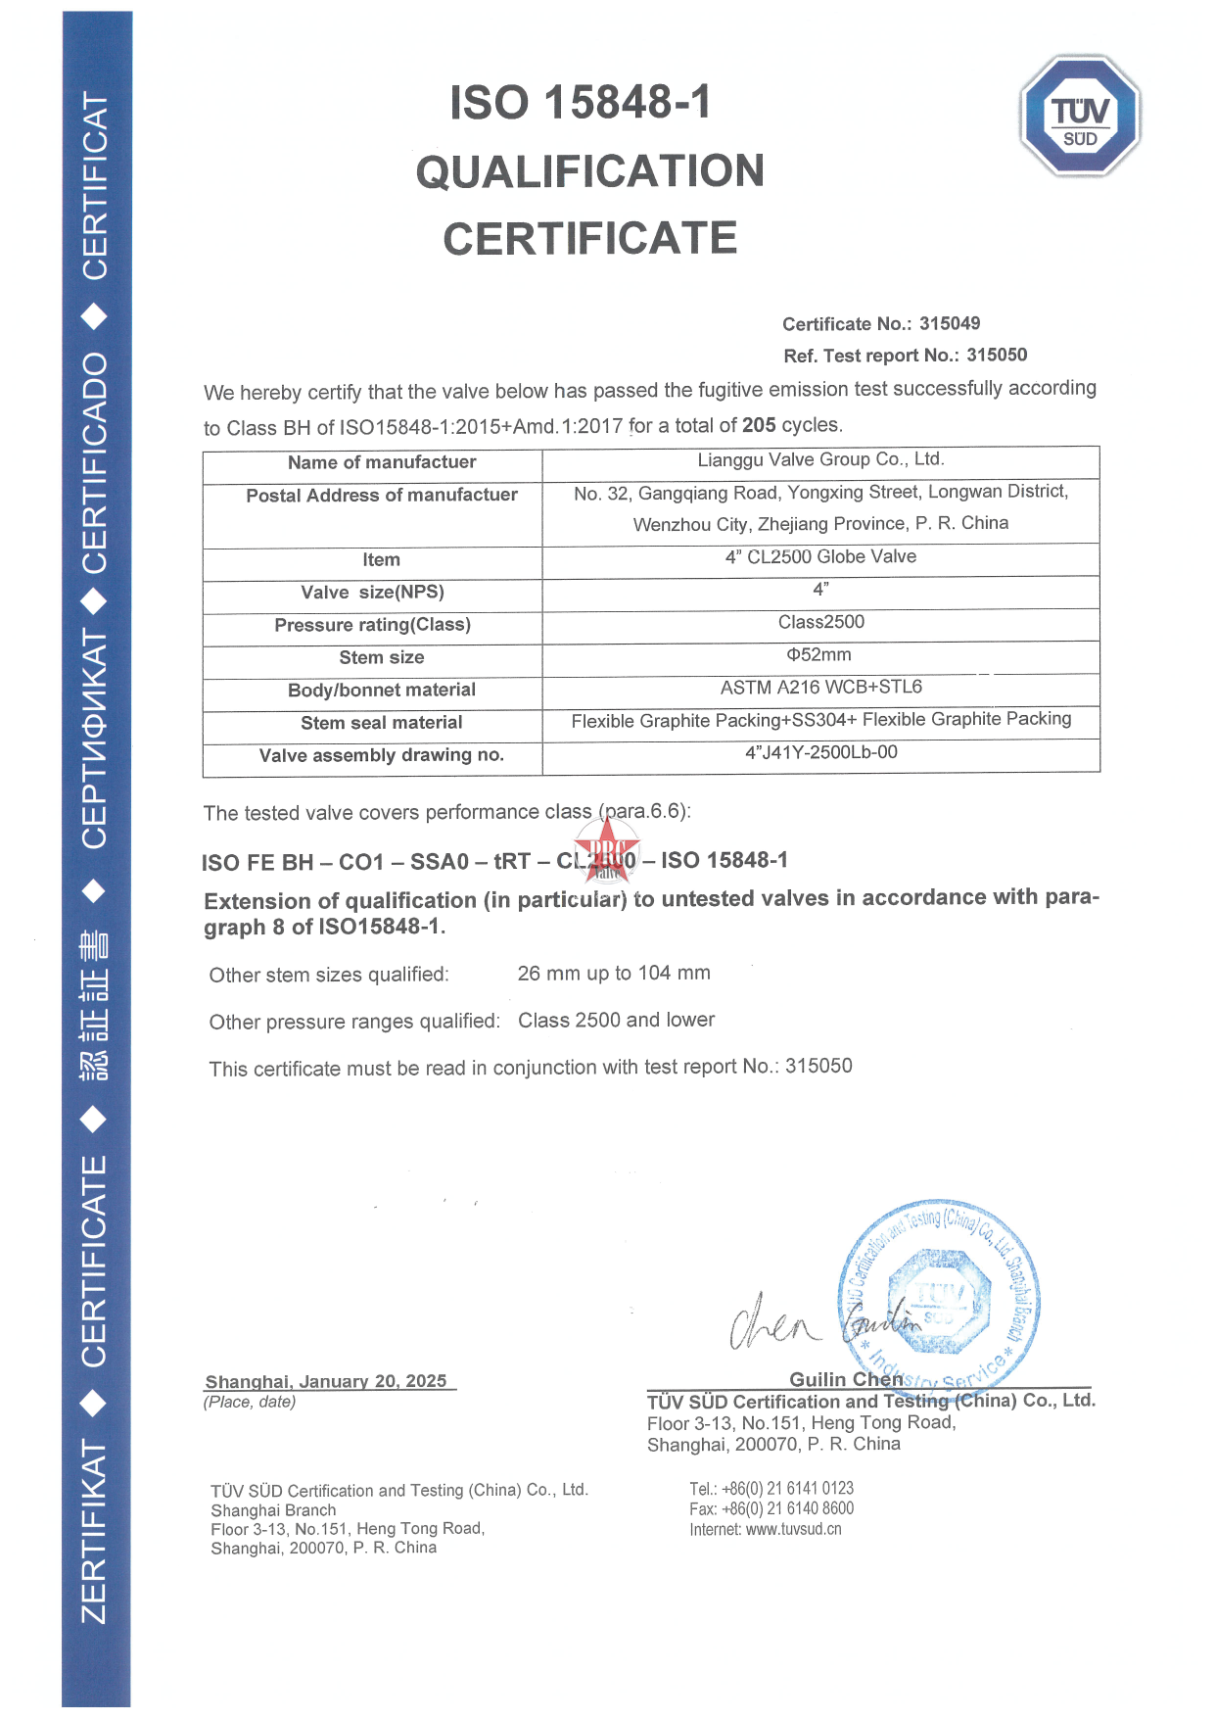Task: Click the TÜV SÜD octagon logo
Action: (x=1080, y=117)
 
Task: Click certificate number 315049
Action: (x=949, y=323)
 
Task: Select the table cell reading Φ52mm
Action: (x=819, y=654)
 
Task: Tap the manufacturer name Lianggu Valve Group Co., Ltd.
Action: (x=820, y=459)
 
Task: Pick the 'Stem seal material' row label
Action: (x=381, y=723)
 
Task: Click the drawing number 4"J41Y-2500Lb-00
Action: (x=820, y=752)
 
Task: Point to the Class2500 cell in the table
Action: (x=820, y=622)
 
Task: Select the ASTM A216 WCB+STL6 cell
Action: (x=820, y=688)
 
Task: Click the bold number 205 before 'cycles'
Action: (x=759, y=425)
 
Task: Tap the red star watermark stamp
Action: (x=607, y=849)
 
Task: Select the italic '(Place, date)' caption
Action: (x=250, y=1402)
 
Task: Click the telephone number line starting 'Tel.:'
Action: (x=771, y=1489)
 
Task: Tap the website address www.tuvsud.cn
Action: (x=793, y=1530)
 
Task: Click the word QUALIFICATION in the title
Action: (x=589, y=171)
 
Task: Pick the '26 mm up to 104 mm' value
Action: (x=614, y=974)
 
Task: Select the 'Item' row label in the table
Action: (x=381, y=560)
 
